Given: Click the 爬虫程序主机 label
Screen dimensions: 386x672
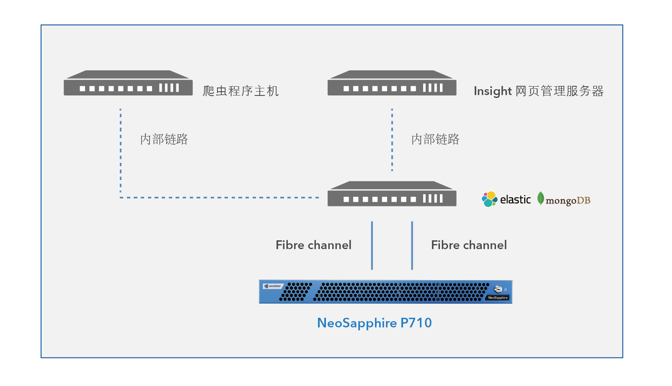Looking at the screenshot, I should click(240, 91).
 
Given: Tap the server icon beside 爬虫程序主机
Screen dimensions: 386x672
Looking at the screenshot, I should click(128, 83).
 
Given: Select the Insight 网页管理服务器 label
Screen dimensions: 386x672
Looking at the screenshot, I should click(538, 91).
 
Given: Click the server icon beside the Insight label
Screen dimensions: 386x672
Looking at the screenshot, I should click(392, 83).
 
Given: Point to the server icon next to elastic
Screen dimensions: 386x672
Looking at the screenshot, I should click(392, 194).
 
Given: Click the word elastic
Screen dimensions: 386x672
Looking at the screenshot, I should click(515, 200).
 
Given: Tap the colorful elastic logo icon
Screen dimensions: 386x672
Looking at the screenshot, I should click(489, 199).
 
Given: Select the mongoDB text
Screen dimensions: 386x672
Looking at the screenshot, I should click(568, 201).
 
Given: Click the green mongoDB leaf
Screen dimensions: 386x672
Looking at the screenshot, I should click(541, 198).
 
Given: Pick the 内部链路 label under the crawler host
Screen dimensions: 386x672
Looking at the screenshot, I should click(164, 139).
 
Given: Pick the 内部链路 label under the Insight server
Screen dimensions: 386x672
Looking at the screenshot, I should click(435, 139).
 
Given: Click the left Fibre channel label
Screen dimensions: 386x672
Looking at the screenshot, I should click(313, 245).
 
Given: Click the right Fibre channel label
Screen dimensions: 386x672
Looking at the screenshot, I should click(469, 245).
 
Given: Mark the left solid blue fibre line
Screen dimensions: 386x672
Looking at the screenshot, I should click(372, 245).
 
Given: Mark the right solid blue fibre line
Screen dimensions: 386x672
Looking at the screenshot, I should click(412, 245).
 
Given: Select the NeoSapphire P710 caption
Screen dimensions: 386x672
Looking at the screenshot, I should click(374, 323).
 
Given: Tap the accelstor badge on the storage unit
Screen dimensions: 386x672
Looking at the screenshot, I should click(273, 286).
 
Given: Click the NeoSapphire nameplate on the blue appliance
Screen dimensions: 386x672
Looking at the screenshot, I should click(498, 298).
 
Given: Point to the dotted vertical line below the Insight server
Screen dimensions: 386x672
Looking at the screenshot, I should click(392, 140).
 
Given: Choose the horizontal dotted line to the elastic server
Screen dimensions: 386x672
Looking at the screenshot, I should click(220, 198).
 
